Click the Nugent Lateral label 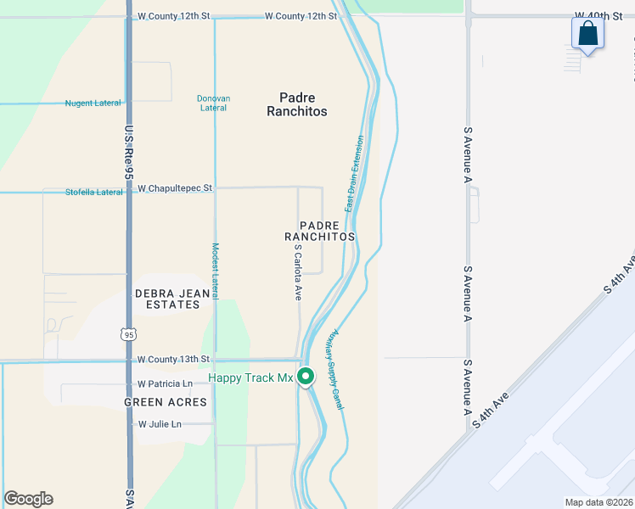coord(93,103)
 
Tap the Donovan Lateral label coord(213,103)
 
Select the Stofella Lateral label coord(94,193)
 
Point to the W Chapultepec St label coord(175,187)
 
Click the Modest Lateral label coord(216,271)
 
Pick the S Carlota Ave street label coord(298,274)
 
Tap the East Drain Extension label coord(354,174)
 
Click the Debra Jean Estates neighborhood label coord(167,299)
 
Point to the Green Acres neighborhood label coord(166,402)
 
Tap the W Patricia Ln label coord(171,383)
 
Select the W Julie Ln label coord(160,423)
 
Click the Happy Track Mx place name coord(250,378)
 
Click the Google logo coord(29,499)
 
